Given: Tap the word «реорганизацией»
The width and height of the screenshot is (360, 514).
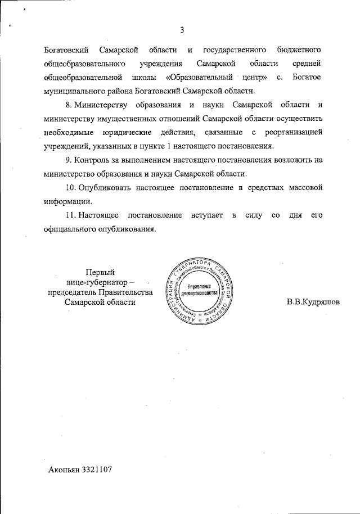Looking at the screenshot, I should (x=293, y=132).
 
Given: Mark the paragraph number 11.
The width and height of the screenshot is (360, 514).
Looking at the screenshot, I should (x=71, y=215).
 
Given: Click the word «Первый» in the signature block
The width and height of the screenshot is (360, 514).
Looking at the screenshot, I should (x=100, y=272).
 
